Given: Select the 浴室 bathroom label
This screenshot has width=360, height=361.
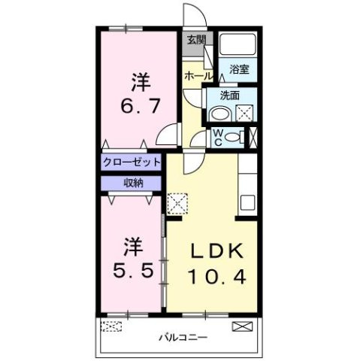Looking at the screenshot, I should (241, 72).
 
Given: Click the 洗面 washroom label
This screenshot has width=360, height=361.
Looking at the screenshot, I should (230, 96).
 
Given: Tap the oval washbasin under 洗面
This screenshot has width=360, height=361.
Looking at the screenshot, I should (219, 114).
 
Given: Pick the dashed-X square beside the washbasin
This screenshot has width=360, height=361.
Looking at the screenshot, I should (244, 114).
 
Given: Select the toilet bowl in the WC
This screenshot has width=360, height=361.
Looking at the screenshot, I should (234, 137).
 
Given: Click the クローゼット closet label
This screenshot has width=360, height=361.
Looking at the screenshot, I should (132, 162).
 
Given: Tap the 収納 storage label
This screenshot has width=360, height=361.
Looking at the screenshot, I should (132, 183).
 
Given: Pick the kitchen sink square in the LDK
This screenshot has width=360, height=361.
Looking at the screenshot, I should (247, 202).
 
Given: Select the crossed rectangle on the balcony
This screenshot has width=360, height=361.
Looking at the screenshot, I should (242, 326).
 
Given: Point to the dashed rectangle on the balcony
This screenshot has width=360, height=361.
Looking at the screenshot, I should (112, 327).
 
